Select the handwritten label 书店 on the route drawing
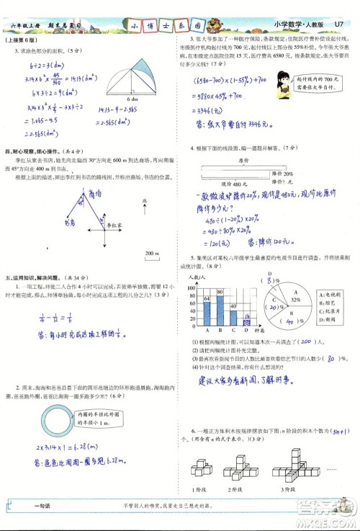69,223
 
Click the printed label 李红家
109,225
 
